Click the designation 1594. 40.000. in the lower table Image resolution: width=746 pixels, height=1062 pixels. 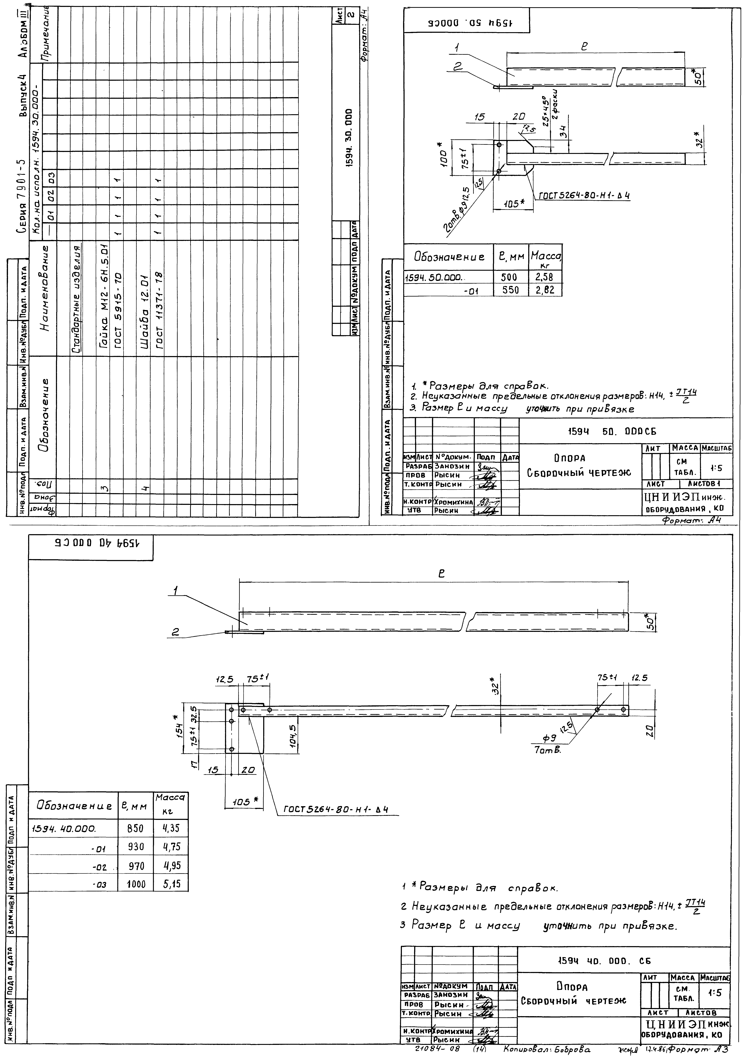tap(63, 828)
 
